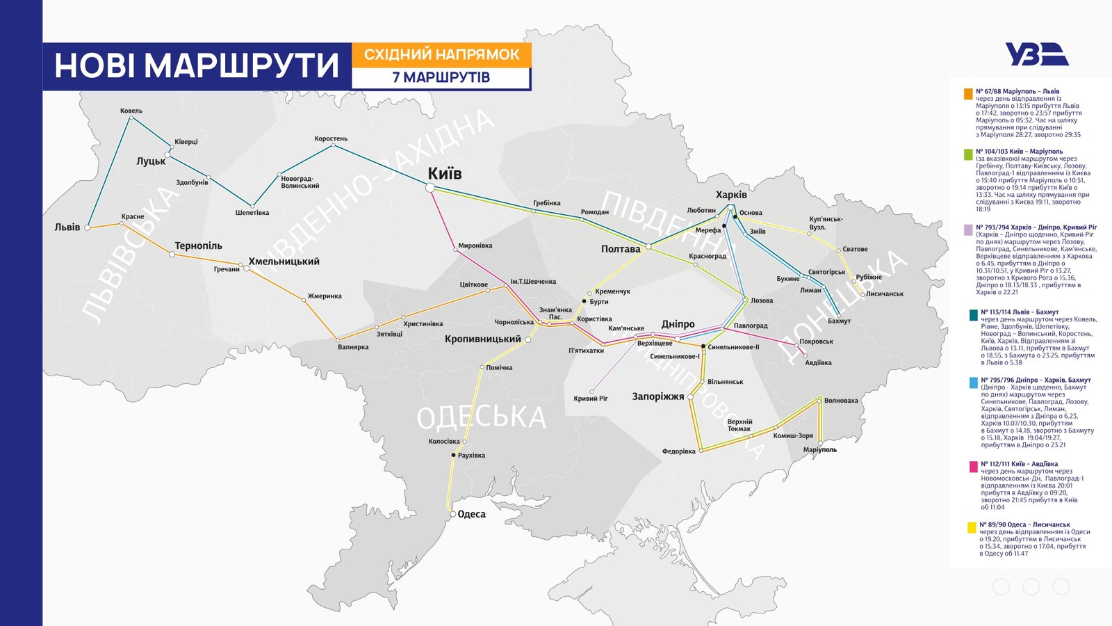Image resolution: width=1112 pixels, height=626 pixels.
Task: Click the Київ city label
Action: pyautogui.click(x=444, y=173)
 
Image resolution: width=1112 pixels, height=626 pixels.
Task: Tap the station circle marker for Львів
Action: pyautogui.click(x=88, y=227)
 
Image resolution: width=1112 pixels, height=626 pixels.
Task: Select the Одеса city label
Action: pyautogui.click(x=472, y=514)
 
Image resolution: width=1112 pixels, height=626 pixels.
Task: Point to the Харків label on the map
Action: pyautogui.click(x=731, y=195)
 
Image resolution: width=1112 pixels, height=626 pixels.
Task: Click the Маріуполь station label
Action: pyautogui.click(x=820, y=450)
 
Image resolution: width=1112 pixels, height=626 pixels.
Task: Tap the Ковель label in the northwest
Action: pyautogui.click(x=131, y=111)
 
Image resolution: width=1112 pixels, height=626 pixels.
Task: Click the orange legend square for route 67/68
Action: pyautogui.click(x=968, y=94)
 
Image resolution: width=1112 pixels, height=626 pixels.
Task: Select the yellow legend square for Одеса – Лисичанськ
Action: pyautogui.click(x=971, y=527)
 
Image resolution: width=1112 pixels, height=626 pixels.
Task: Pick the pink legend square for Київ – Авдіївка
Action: pyautogui.click(x=973, y=466)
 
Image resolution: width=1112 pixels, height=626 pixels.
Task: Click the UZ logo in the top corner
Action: pyautogui.click(x=1036, y=54)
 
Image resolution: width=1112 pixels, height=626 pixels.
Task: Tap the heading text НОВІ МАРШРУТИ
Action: pyautogui.click(x=197, y=66)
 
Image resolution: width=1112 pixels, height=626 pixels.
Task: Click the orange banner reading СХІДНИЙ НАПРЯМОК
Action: pyautogui.click(x=441, y=54)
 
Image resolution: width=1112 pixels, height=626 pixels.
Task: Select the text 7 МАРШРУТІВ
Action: pyautogui.click(x=441, y=77)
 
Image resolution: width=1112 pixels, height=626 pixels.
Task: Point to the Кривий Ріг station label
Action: pyautogui.click(x=591, y=399)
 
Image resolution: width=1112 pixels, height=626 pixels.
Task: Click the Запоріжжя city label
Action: pyautogui.click(x=657, y=396)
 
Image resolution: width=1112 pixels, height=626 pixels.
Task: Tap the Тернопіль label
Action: pyautogui.click(x=198, y=246)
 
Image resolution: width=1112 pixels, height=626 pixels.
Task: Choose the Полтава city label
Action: pyautogui.click(x=621, y=249)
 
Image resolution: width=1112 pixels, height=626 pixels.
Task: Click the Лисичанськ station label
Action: pyautogui.click(x=884, y=294)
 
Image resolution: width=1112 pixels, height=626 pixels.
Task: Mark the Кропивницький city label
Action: pyautogui.click(x=483, y=339)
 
